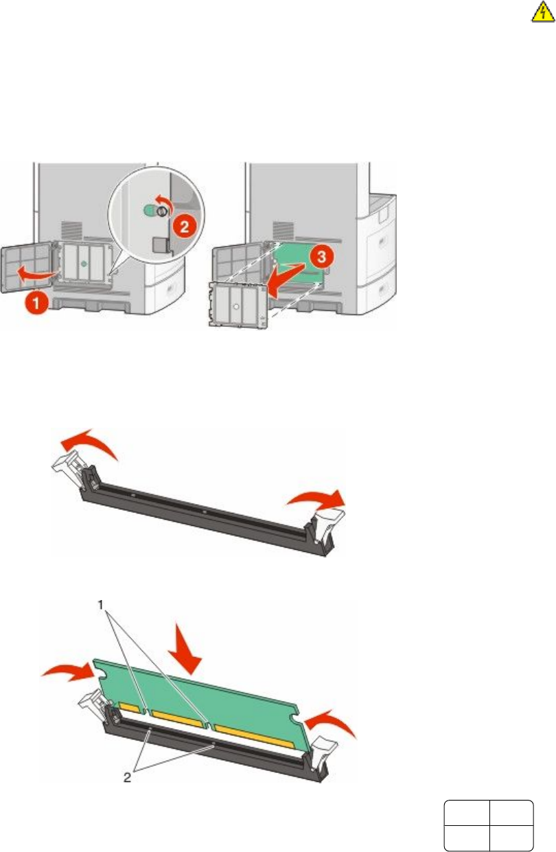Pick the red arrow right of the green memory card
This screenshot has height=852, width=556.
coord(333,722)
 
